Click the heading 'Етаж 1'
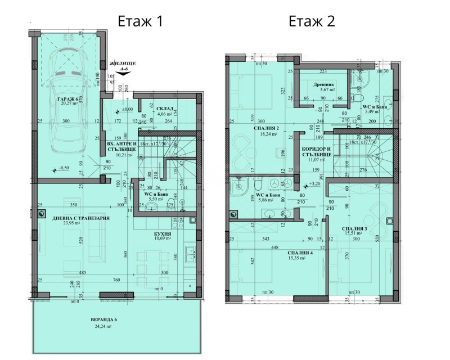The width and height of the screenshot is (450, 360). click(140, 22)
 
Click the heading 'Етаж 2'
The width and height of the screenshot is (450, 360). click(312, 22)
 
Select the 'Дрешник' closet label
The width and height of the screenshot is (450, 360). click(325, 84)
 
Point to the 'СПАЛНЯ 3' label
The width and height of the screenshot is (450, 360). click(355, 228)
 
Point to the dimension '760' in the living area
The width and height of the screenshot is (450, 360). click(116, 280)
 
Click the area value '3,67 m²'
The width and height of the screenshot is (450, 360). click(325, 90)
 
